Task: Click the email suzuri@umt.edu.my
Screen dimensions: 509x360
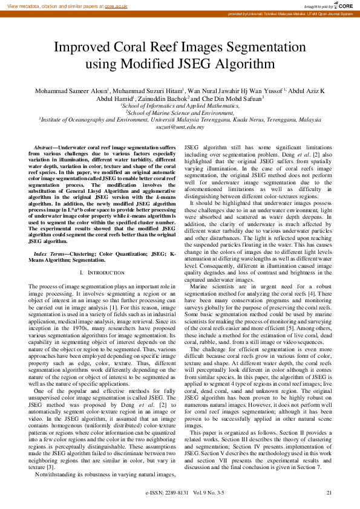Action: pyautogui.click(x=180, y=127)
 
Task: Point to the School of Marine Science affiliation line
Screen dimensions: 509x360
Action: pyautogui.click(x=180, y=112)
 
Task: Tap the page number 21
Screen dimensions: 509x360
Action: pyautogui.click(x=329, y=493)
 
